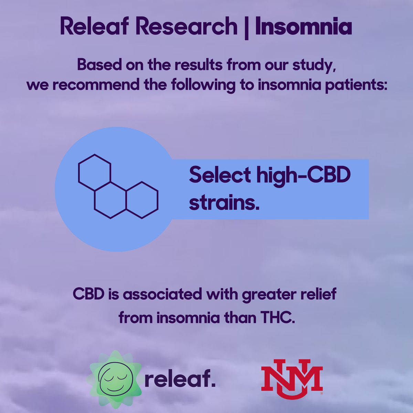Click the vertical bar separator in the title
246,28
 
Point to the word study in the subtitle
314,65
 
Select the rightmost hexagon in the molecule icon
142,200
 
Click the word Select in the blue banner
220,175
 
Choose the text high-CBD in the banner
303,175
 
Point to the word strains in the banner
224,203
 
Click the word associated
162,295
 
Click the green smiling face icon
115,379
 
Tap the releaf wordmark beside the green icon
180,379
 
